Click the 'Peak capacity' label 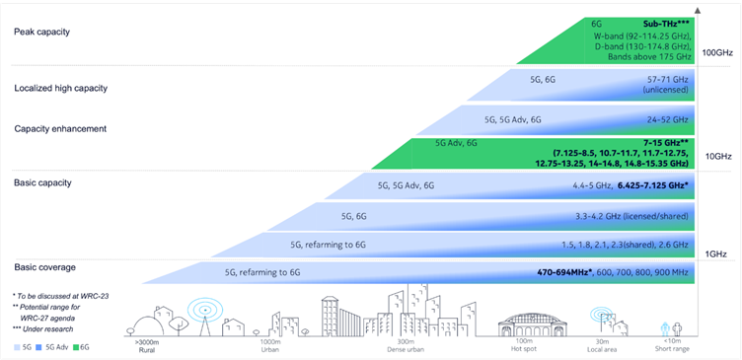click(41, 32)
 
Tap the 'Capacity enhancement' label click(60, 128)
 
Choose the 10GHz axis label click(717, 156)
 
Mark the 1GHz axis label click(717, 253)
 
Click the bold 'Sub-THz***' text click(663, 22)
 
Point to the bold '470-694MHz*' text click(556, 271)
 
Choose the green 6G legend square click(75, 348)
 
